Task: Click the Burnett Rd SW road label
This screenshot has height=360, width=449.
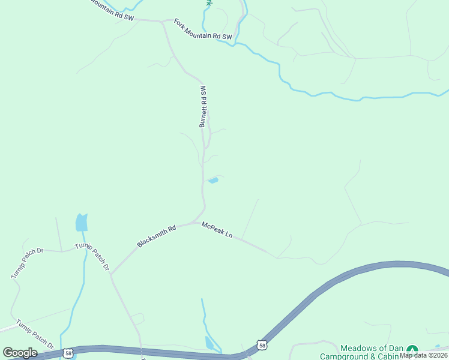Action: [203, 106]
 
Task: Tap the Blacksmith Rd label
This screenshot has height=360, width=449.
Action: [156, 236]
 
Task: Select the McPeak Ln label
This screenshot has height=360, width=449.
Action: [217, 230]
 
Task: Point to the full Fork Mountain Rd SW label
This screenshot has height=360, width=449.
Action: [203, 29]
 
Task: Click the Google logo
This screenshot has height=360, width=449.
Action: [20, 353]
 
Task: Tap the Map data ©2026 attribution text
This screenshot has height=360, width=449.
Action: [423, 355]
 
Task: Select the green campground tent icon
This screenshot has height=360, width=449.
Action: [412, 349]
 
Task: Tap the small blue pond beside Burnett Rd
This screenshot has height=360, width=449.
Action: [212, 180]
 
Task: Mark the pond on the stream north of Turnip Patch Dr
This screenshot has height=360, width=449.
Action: [81, 223]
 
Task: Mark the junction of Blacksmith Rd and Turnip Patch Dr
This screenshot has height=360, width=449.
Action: [111, 274]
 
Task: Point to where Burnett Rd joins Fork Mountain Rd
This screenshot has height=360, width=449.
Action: [163, 22]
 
